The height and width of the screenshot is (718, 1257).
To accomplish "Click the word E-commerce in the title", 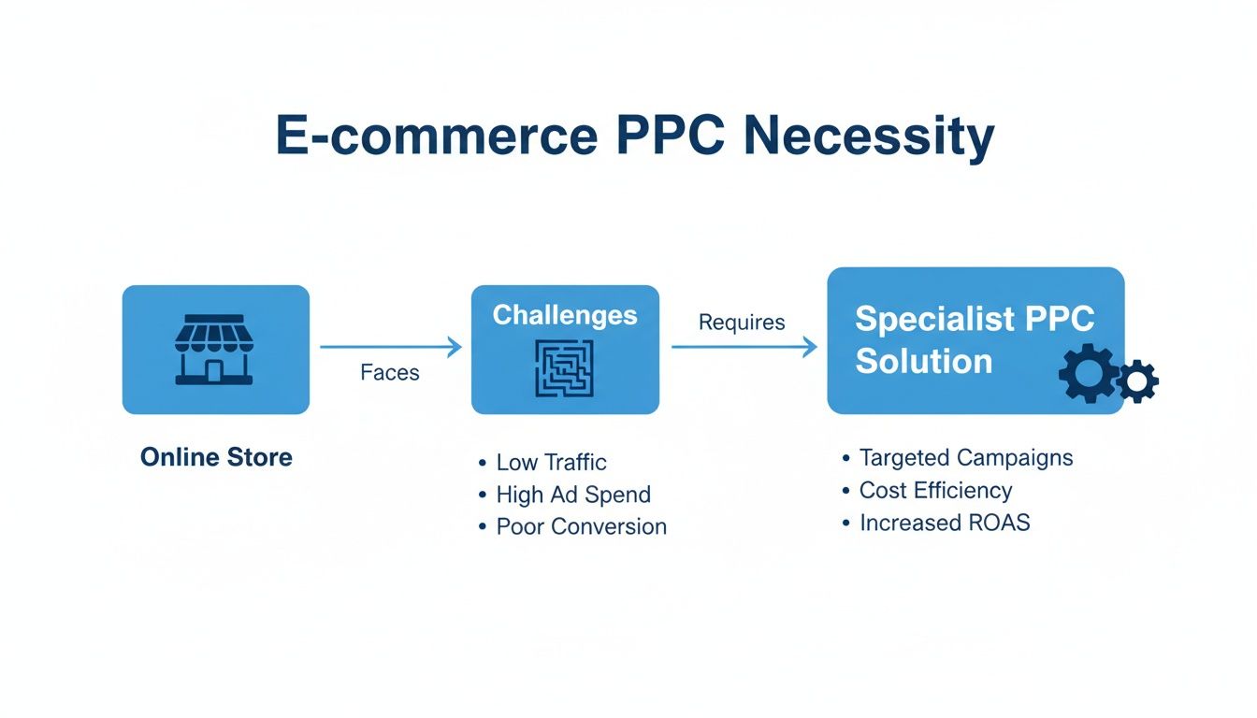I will point(436,136).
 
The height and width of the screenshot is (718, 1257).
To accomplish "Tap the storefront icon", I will point(215,350).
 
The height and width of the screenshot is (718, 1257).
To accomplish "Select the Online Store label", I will point(216,457).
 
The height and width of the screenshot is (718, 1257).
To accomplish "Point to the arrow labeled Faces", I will point(391,348).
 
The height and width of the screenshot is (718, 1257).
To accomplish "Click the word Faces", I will point(390,372).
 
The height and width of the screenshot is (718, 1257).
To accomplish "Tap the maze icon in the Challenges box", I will point(565,368).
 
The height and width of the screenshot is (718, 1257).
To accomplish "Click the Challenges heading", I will point(565,315).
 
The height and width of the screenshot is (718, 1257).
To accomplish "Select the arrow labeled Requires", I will point(744,348).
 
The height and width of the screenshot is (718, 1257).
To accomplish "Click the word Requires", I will point(742,323).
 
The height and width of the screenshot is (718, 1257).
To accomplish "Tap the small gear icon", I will point(1138,381).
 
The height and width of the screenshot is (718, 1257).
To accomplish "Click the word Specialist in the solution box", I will point(935,319).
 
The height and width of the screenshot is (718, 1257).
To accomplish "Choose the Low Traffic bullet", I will point(551,462).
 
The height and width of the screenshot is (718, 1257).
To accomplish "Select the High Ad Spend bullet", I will point(572,495).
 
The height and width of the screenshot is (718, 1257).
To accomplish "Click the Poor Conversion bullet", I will point(581,526).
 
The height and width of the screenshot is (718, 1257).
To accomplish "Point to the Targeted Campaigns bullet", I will point(965,458).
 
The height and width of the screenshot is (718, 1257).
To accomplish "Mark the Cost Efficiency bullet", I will point(935,490).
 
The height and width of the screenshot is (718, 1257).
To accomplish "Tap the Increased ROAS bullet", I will point(945,522).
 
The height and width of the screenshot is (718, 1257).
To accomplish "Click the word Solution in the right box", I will point(923,361).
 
